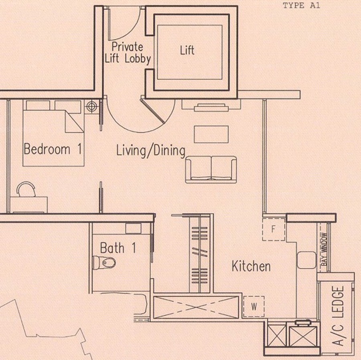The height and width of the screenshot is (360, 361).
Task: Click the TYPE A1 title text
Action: tap(301, 6)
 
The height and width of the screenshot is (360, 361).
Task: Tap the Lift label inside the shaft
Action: tap(187, 50)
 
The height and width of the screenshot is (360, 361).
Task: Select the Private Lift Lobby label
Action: tap(128, 53)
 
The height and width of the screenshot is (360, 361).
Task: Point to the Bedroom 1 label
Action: tap(53, 149)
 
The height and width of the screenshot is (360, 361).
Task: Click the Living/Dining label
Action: tap(151, 151)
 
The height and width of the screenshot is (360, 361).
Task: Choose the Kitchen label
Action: tap(251, 266)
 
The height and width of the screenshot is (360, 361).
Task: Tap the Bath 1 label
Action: tap(118, 248)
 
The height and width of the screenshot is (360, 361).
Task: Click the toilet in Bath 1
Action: tap(104, 263)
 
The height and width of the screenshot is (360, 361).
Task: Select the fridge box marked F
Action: tap(274, 229)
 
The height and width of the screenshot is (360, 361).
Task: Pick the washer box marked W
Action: tap(254, 306)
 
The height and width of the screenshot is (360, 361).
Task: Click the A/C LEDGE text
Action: tap(338, 316)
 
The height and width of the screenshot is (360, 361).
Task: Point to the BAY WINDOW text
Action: tap(324, 249)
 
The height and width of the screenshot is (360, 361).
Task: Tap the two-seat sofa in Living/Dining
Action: tap(211, 170)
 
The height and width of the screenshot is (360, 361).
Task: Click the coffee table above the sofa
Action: tap(211, 134)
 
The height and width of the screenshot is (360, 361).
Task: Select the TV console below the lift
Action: tap(211, 105)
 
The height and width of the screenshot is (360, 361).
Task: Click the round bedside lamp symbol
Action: tap(91, 106)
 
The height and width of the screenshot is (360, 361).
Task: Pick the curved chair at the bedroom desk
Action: tap(26, 189)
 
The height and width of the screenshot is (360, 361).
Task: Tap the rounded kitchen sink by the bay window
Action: tap(307, 260)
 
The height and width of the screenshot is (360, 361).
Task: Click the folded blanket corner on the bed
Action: tap(74, 121)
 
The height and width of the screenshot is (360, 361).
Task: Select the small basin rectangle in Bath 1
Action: tap(133, 229)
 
